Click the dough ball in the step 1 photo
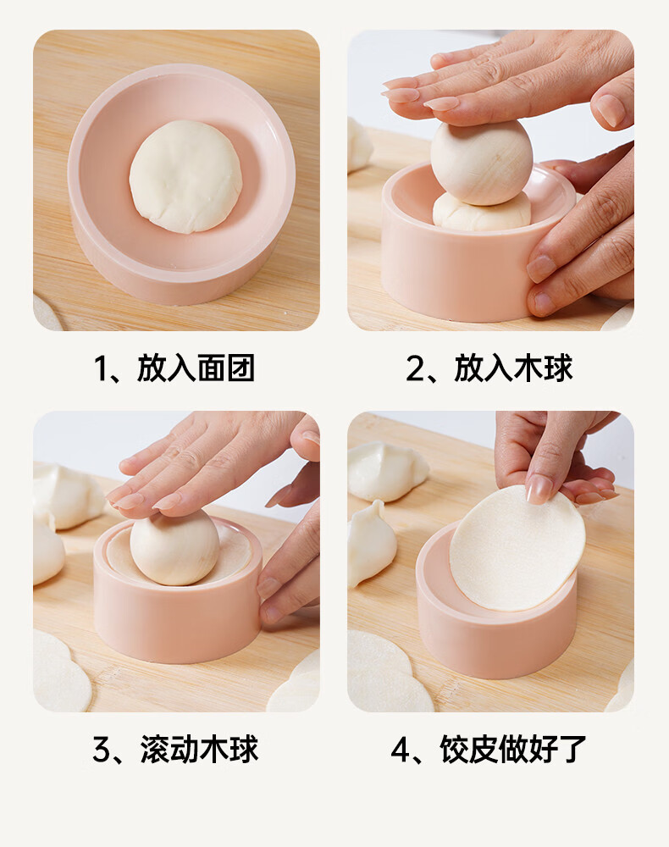[x=185, y=177]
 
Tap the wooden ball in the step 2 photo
[x=482, y=163]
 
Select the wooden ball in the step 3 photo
[x=174, y=547]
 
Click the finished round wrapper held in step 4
[x=517, y=548]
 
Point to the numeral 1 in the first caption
[x=102, y=369]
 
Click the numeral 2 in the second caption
[x=417, y=369]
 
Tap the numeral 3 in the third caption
[x=102, y=750]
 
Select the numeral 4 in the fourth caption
[x=401, y=750]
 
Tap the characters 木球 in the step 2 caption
[x=543, y=369]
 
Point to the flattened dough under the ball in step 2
[x=482, y=213]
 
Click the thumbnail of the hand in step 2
[x=609, y=110]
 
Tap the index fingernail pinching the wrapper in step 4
[x=539, y=489]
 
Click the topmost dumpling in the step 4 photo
[x=387, y=470]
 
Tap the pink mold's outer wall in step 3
[x=177, y=621]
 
